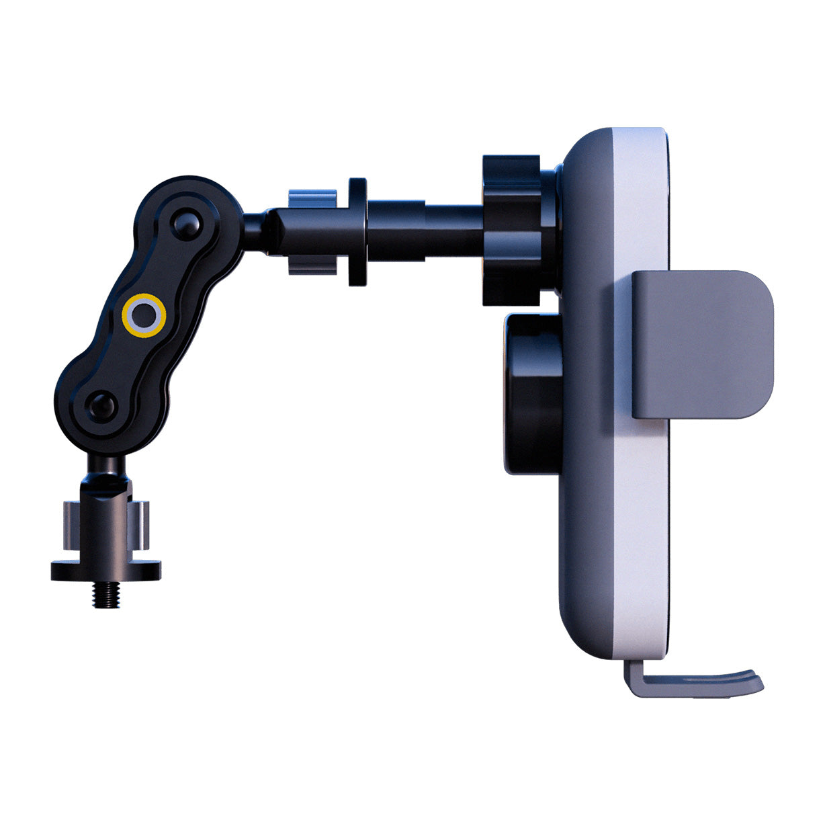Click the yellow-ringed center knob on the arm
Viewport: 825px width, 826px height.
(x=143, y=314)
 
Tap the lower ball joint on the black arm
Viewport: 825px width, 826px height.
(x=103, y=405)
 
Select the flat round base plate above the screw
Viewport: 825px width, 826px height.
(x=106, y=571)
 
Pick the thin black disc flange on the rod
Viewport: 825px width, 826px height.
(x=357, y=232)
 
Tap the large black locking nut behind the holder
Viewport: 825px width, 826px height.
(x=512, y=230)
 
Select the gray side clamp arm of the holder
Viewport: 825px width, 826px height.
(x=702, y=344)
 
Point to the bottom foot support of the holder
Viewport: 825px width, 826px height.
(x=692, y=683)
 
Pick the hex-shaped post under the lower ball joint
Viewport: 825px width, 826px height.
(x=105, y=491)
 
